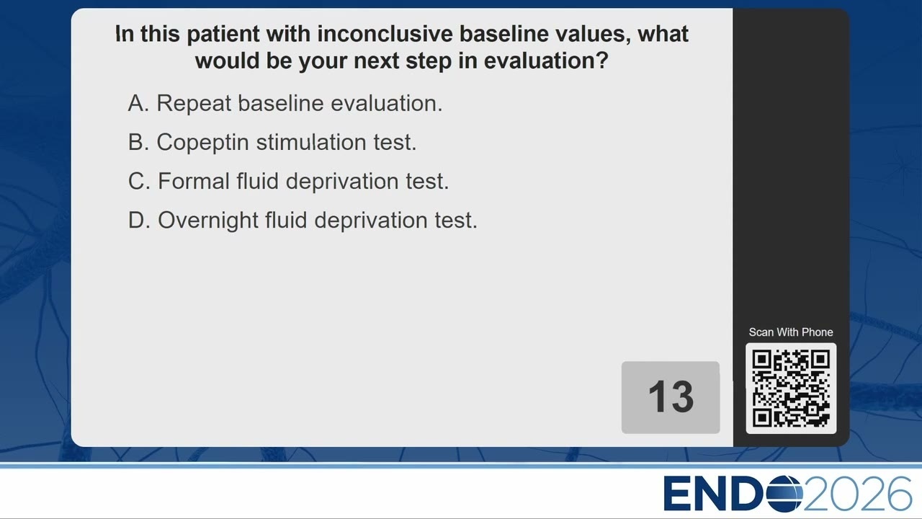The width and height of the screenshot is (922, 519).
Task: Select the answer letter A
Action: (138, 103)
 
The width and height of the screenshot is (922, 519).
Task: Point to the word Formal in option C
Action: (194, 181)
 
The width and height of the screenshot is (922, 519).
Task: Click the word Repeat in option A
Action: (194, 104)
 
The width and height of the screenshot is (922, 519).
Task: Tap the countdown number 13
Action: (671, 396)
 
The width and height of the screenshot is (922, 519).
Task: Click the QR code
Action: (791, 389)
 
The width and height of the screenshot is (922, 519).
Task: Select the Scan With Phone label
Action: (791, 332)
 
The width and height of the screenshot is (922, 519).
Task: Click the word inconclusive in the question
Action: (385, 34)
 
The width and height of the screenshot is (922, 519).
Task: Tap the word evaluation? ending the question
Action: (546, 61)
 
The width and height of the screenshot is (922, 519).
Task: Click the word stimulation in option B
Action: (311, 142)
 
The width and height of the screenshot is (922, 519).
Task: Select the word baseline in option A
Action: (281, 103)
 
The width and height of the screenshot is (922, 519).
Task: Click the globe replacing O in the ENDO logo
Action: (785, 494)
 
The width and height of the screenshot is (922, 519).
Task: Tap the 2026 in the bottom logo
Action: (858, 494)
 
